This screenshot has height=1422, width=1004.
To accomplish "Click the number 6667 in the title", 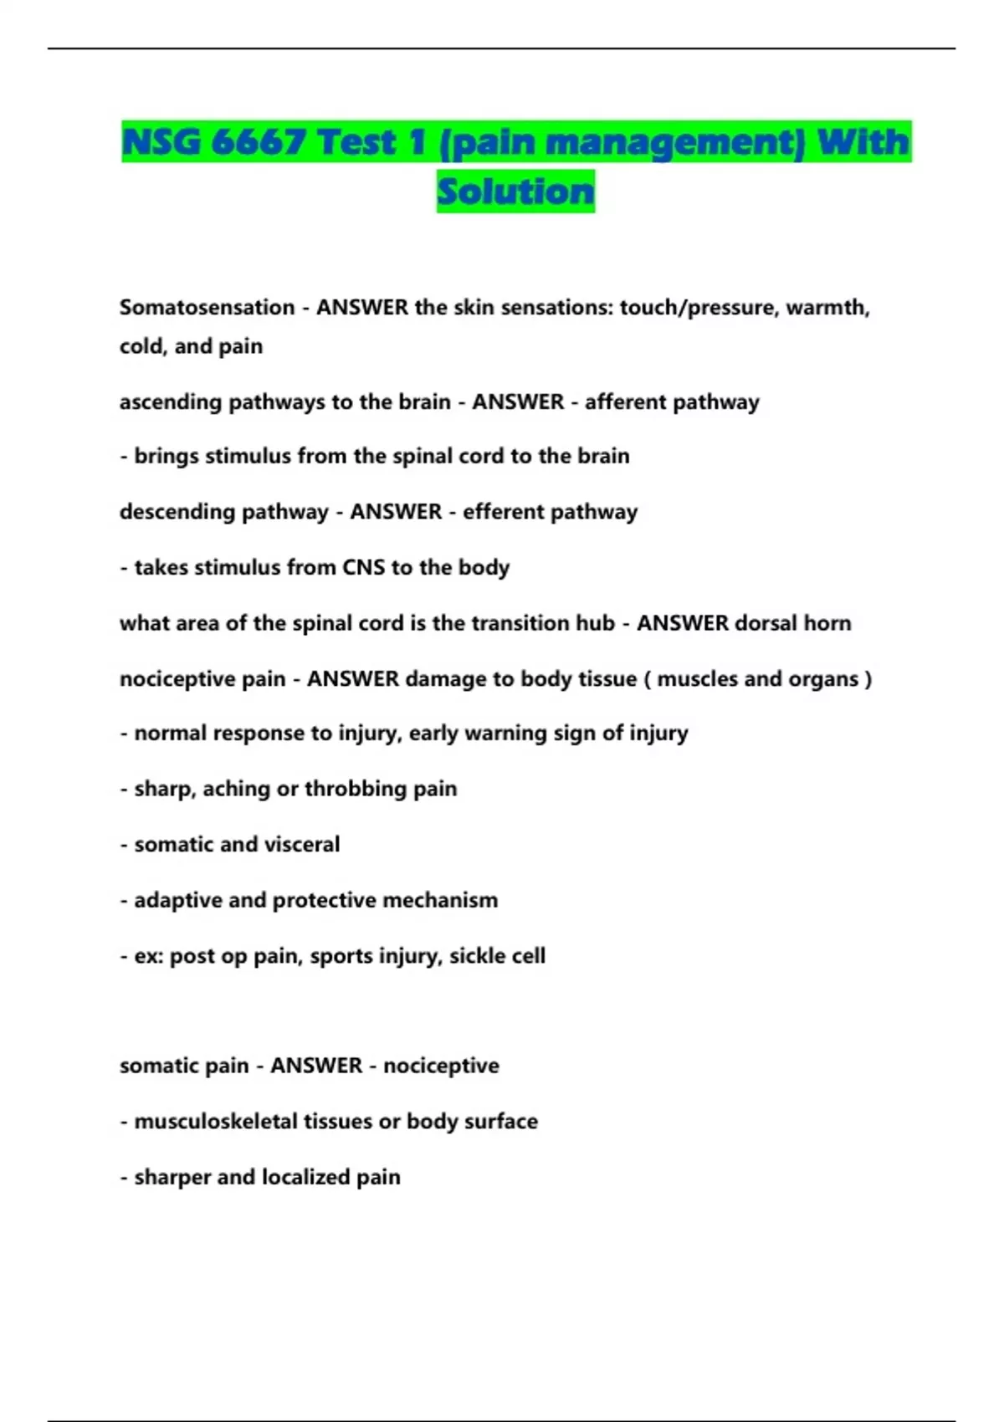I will (258, 141).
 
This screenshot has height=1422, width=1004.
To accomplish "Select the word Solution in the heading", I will (515, 192).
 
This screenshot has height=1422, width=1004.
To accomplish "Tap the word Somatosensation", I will (207, 308).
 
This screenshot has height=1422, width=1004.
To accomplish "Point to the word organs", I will (823, 679).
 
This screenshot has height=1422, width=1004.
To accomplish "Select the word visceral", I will (306, 845).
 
